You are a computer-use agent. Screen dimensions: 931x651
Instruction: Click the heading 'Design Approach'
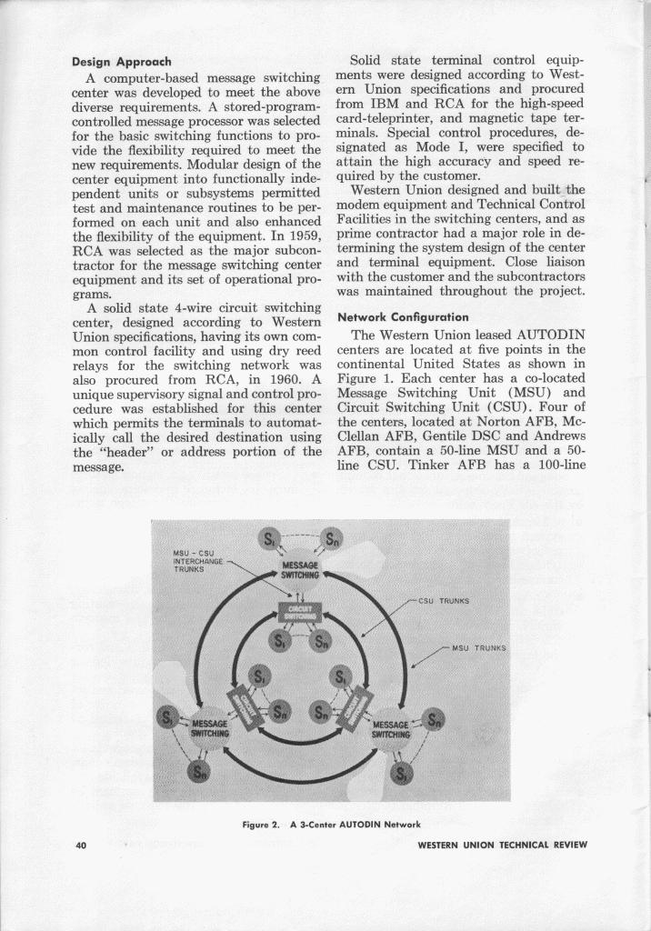coord(122,62)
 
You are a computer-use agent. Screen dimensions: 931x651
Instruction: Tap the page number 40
coord(81,845)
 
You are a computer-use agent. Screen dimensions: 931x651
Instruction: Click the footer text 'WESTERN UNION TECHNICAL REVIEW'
coord(502,845)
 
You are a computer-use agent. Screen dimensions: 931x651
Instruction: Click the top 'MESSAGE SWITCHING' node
coord(300,569)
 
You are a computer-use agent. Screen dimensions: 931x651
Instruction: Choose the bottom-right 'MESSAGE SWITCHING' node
coord(396,729)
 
